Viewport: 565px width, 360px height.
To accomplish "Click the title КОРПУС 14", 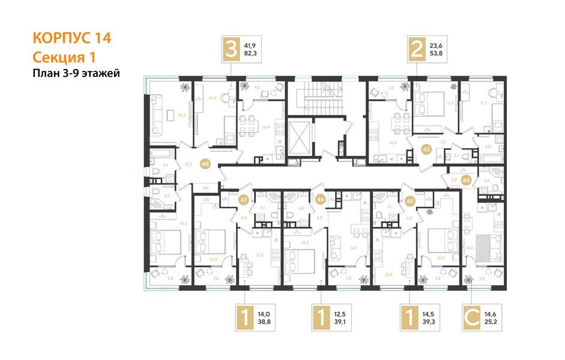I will [x=71, y=38].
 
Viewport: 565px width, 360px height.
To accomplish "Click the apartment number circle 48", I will [x=205, y=163].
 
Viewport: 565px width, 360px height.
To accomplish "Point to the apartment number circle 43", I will [x=427, y=149].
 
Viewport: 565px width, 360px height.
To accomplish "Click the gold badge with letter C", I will [x=475, y=319].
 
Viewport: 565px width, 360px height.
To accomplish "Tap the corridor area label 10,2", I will [x=188, y=163].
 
